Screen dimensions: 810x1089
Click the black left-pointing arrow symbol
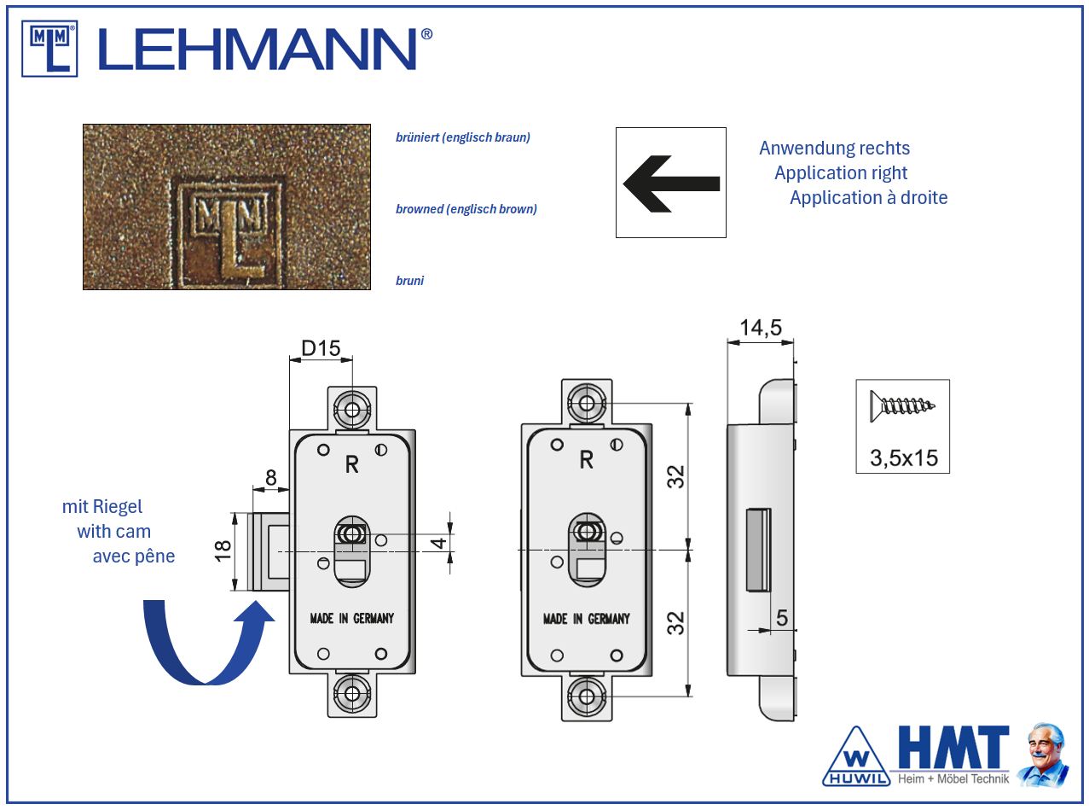[x=671, y=183]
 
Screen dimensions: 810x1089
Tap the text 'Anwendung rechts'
[x=834, y=149]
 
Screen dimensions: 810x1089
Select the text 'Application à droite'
[x=868, y=198]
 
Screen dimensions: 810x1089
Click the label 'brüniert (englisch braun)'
[x=463, y=137]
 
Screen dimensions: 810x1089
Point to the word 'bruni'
[x=410, y=281]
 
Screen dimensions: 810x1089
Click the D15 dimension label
[x=321, y=348]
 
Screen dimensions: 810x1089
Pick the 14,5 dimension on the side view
[x=761, y=328]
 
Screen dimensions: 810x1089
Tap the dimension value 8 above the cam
[x=271, y=478]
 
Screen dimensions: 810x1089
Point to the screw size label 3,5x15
[x=903, y=458]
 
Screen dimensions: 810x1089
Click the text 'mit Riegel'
[x=102, y=507]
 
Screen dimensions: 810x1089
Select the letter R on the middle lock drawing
[x=586, y=460]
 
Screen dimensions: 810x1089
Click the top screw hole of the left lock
[x=352, y=409]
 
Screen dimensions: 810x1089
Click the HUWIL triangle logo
[x=855, y=757]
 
